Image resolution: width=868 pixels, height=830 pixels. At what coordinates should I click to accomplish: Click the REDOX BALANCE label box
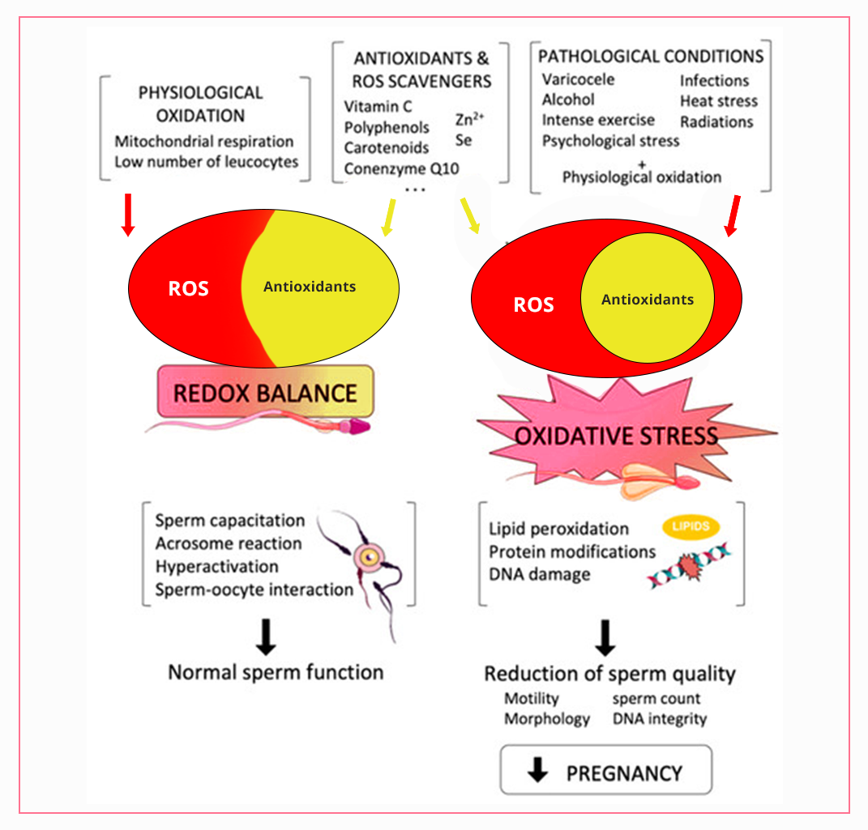pyautogui.click(x=265, y=393)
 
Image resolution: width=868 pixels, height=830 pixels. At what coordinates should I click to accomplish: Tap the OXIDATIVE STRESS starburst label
pyautogui.click(x=616, y=436)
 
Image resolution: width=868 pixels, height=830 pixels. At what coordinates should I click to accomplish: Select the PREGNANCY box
pyautogui.click(x=606, y=773)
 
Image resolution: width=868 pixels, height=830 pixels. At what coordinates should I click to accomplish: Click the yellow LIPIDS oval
pyautogui.click(x=691, y=526)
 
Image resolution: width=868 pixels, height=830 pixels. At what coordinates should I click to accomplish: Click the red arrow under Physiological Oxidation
pyautogui.click(x=127, y=215)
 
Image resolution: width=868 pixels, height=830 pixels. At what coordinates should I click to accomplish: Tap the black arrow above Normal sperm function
pyautogui.click(x=267, y=636)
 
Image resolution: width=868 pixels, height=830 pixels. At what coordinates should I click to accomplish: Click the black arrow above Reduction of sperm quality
pyautogui.click(x=605, y=638)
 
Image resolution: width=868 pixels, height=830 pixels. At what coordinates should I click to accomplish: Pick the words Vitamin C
pyautogui.click(x=378, y=107)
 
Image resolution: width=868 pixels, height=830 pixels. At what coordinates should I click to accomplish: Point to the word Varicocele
pyautogui.click(x=578, y=79)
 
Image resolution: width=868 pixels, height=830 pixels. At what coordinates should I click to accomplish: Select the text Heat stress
pyautogui.click(x=718, y=101)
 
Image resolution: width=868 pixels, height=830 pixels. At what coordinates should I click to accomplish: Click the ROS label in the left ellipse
pyautogui.click(x=188, y=288)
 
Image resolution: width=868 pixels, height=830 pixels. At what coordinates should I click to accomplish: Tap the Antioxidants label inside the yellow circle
pyautogui.click(x=648, y=300)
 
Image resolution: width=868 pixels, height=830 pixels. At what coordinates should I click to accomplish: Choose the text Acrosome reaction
pyautogui.click(x=229, y=543)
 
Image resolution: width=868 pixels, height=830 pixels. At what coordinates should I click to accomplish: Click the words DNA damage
pyautogui.click(x=539, y=574)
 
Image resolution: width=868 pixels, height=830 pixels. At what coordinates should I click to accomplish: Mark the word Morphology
pyautogui.click(x=547, y=718)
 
